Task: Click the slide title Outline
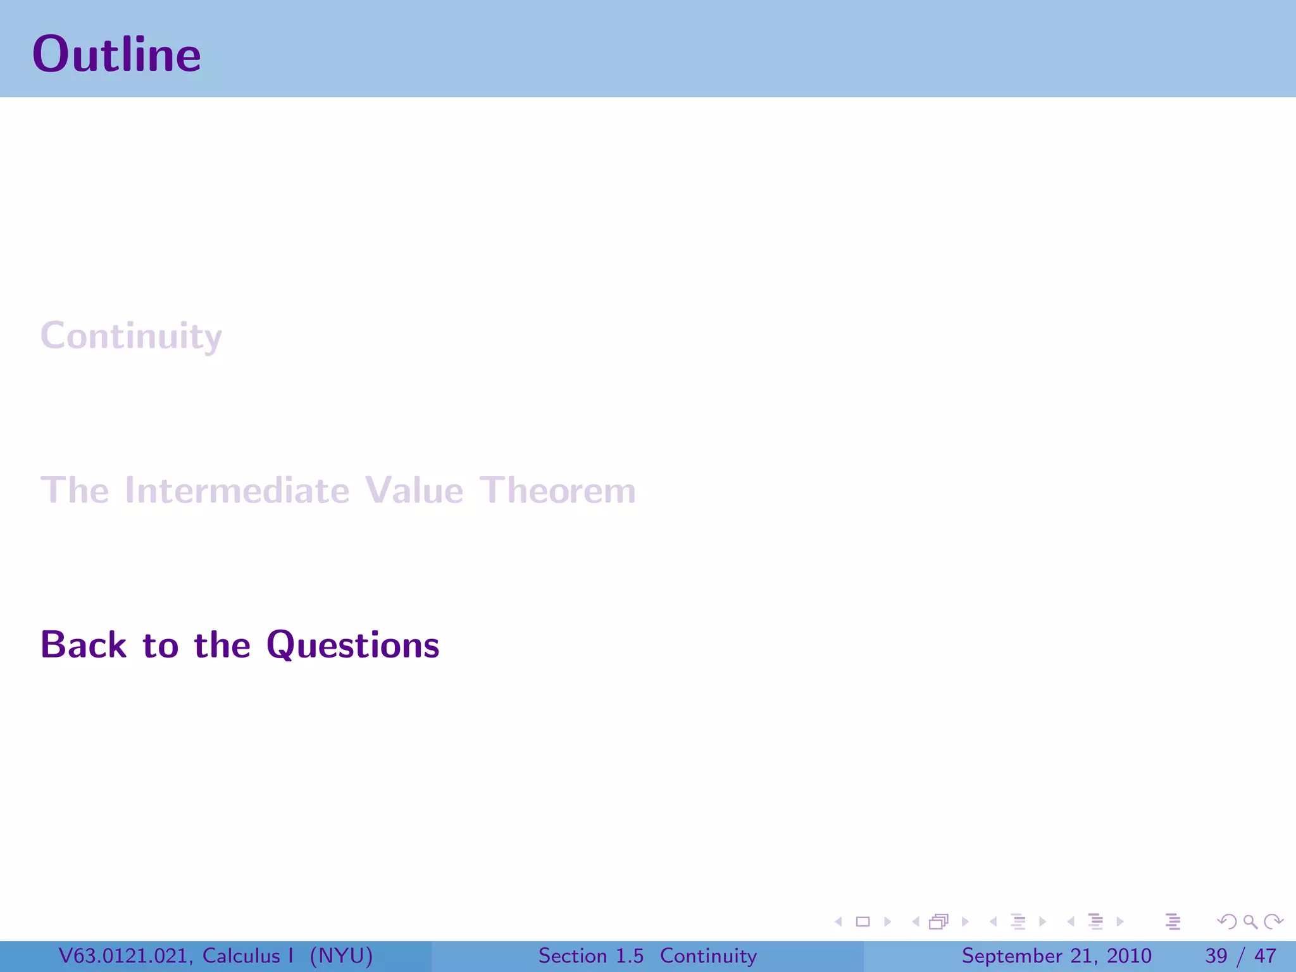116,54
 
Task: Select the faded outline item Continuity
131,336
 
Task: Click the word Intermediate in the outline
237,490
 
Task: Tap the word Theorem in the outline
557,490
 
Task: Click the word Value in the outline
414,490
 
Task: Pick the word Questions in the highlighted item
352,645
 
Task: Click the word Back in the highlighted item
84,645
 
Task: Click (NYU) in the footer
341,956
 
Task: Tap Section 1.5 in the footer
590,956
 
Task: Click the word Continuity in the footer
708,956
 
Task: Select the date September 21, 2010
1056,956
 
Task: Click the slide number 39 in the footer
1216,956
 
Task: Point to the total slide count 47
1265,956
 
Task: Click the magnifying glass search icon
1250,922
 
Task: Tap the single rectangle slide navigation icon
863,922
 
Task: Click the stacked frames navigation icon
939,922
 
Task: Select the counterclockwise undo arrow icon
1227,922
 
